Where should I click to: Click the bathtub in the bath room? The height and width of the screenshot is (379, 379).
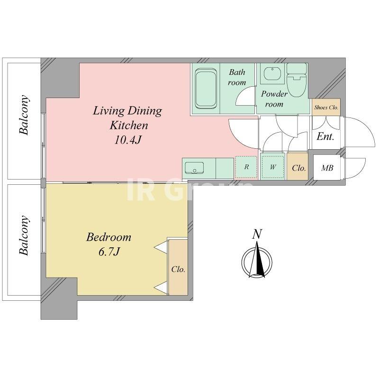(206, 88)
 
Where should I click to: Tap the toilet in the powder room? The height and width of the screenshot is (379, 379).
(297, 80)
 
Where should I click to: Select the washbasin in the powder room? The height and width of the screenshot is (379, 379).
(272, 74)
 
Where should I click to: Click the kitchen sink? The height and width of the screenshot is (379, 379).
(194, 168)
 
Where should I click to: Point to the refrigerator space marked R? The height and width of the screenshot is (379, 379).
(246, 167)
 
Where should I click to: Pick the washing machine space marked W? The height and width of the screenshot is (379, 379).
(273, 167)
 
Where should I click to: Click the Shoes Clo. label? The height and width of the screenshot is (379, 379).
(326, 108)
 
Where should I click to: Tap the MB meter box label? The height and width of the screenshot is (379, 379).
(327, 168)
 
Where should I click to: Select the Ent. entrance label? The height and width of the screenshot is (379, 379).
(325, 137)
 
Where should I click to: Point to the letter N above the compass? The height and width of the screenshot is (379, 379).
(257, 234)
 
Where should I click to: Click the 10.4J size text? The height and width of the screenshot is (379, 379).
(127, 140)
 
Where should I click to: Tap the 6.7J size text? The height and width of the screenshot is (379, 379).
(109, 252)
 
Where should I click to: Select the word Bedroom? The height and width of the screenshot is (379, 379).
(109, 237)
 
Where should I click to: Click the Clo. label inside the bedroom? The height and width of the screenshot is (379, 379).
(178, 269)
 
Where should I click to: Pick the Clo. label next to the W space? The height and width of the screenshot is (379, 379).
(299, 168)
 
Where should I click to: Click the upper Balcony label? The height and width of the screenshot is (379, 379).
(24, 115)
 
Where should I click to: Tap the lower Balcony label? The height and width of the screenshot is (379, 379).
(24, 235)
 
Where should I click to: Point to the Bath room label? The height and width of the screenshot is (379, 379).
(237, 77)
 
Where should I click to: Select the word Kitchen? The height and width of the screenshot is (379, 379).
(129, 126)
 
